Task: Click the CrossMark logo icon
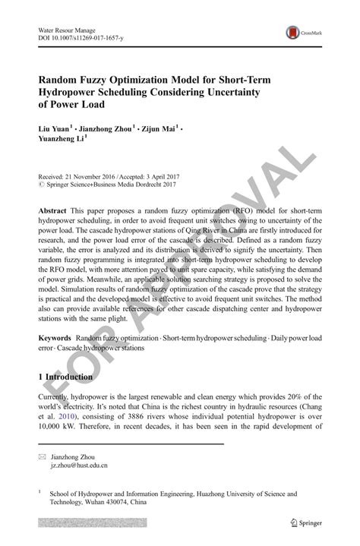292,33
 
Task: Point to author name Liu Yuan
54,129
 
